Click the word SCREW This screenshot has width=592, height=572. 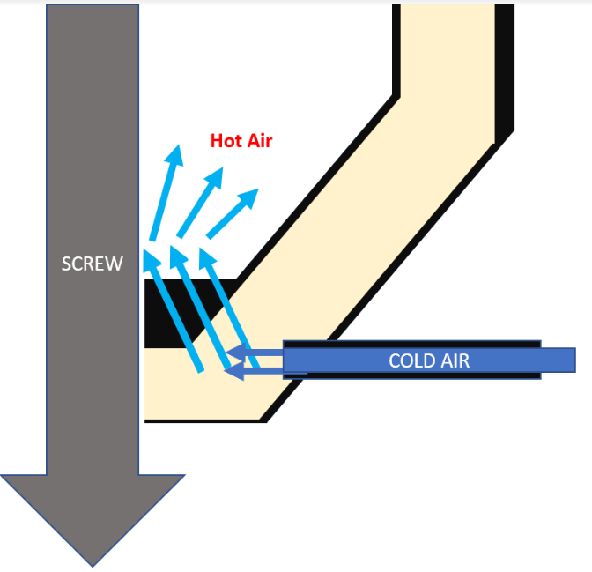point(92,264)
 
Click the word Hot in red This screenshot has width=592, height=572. point(226,140)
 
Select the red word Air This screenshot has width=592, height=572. point(259,140)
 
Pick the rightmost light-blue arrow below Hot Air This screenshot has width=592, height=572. point(233,212)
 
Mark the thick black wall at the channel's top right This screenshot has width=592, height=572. point(504,71)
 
